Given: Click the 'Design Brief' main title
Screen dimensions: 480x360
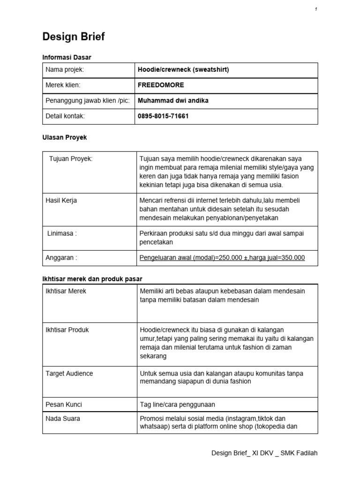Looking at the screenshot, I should point(74,37).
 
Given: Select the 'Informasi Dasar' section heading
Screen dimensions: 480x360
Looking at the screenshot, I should point(67,57).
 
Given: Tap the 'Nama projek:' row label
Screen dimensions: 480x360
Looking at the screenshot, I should point(64,70).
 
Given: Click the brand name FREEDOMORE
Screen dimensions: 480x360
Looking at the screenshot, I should point(161,86).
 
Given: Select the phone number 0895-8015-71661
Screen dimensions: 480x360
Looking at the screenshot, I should point(163,116).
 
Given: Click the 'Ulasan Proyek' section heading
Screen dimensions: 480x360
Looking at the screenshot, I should point(65,138).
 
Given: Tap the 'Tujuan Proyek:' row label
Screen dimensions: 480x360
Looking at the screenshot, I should point(71,159).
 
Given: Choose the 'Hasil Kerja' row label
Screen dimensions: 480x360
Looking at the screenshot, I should point(61,201).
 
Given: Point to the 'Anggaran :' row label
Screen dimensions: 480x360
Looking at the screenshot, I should point(61,257).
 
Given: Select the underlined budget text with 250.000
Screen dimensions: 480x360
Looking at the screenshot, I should point(222,257).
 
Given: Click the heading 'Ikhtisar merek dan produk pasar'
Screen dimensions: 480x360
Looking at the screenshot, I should point(92,279).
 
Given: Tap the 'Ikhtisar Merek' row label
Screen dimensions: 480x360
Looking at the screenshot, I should point(66,291).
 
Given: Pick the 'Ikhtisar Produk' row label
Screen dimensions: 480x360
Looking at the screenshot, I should point(67,330).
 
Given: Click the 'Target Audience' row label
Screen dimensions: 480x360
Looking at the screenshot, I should point(69,374).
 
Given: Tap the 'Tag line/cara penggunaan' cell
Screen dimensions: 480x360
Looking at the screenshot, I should point(178,404).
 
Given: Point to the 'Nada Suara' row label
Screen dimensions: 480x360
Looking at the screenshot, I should point(63,419).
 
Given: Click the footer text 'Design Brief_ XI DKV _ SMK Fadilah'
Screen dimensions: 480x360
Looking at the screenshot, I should point(264,453).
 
